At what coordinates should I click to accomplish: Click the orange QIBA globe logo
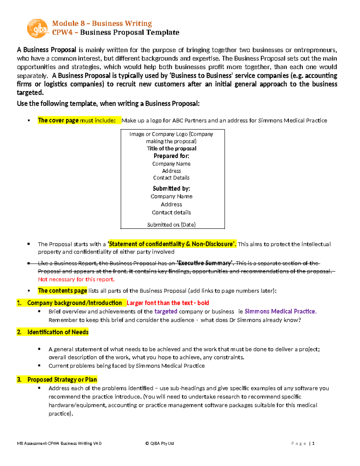(37, 29)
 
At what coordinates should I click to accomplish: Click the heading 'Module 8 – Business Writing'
(102, 23)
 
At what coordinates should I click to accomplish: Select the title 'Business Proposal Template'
(130, 32)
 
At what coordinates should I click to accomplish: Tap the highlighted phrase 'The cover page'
(58, 120)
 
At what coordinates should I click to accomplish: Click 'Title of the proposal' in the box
(172, 149)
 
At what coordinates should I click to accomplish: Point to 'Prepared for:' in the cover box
(171, 156)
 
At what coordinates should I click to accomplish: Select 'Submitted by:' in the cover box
(171, 188)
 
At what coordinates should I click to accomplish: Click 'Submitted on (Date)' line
(171, 225)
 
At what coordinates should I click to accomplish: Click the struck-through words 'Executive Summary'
(205, 263)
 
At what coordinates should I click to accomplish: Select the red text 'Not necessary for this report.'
(76, 280)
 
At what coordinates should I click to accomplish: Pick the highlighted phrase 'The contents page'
(62, 291)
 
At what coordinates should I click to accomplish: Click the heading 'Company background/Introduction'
(74, 303)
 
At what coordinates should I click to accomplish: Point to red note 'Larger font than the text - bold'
(168, 303)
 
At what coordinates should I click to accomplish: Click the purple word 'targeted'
(166, 311)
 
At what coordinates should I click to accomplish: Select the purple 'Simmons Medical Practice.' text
(280, 311)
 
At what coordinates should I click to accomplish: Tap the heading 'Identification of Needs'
(58, 332)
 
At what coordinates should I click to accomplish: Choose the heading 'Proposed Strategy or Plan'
(62, 380)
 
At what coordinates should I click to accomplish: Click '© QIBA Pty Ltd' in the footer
(160, 443)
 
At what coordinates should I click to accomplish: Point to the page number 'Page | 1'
(303, 443)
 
